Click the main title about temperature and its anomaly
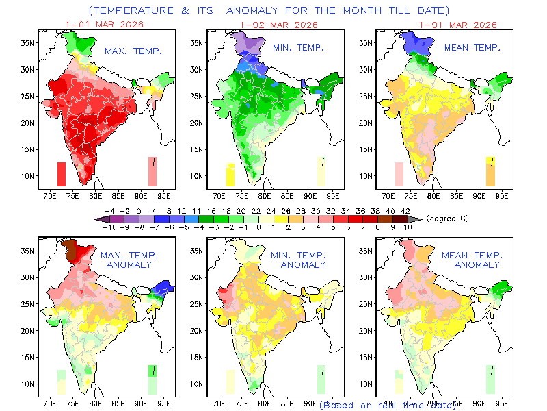point(269,10)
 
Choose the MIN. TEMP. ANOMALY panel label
point(304,260)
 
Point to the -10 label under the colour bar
point(108,226)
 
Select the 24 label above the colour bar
point(272,210)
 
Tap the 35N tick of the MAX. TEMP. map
point(27,42)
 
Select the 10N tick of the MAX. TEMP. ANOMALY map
point(27,384)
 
